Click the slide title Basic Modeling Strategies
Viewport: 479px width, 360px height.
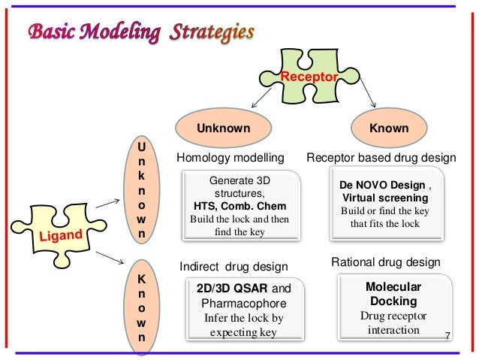(x=141, y=33)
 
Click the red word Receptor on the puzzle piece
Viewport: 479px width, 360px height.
(x=309, y=77)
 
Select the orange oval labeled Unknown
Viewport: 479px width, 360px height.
(x=223, y=129)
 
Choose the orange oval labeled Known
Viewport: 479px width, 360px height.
(x=388, y=129)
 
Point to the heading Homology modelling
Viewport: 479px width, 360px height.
(x=230, y=158)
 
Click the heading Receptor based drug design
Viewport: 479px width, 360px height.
(x=382, y=158)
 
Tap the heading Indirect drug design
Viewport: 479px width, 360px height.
(x=233, y=266)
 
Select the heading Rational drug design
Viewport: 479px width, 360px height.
(x=385, y=261)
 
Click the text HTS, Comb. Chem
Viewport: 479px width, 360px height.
(x=239, y=206)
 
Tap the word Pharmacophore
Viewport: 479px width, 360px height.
(x=241, y=304)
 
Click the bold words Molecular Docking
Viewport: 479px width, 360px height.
(x=393, y=294)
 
